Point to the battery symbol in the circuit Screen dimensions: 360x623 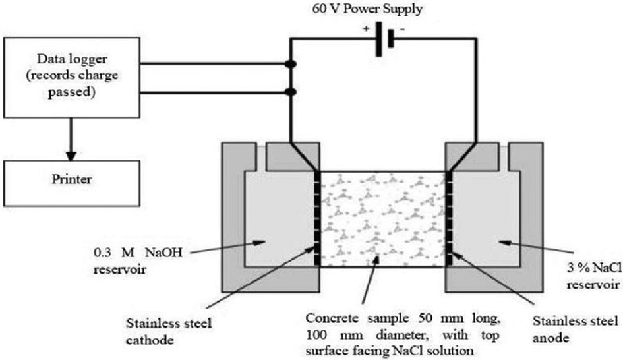click(x=384, y=38)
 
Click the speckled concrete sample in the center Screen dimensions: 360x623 click(x=383, y=218)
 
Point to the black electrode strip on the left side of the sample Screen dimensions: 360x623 click(x=318, y=218)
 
